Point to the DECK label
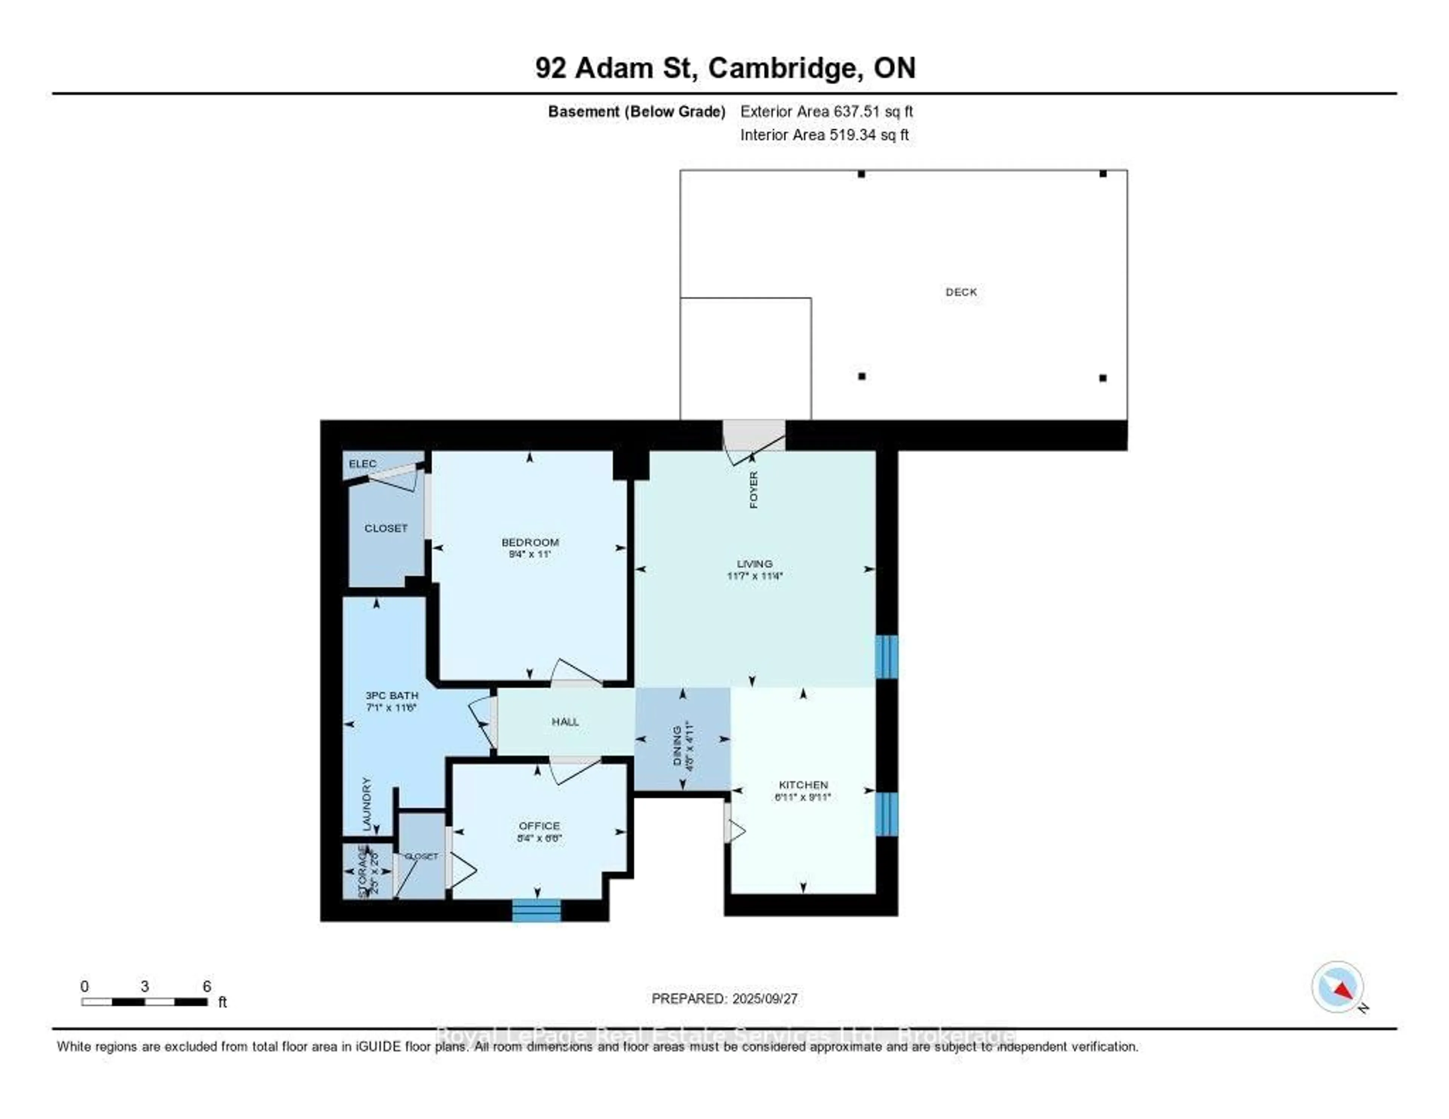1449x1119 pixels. pos(961,292)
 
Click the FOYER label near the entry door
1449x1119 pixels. pos(754,490)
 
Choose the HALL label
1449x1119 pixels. pos(565,722)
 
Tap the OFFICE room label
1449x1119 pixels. pos(539,826)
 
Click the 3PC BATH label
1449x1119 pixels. pos(392,695)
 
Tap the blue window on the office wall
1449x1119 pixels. pos(536,911)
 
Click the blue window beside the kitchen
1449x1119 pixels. pos(886,814)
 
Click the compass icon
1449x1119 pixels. pos(1338,987)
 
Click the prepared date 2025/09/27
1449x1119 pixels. pos(764,999)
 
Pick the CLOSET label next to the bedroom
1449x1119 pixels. pos(386,528)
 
